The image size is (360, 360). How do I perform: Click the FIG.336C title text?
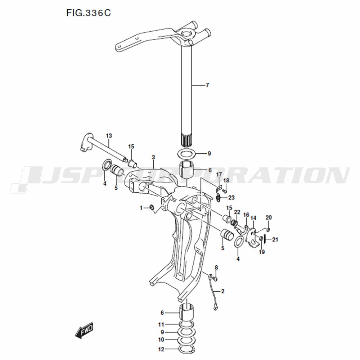click(89, 13)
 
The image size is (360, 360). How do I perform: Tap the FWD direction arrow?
click(84, 330)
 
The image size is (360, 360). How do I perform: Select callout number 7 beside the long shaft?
click(207, 85)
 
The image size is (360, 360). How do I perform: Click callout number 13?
click(109, 136)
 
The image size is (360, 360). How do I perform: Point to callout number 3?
click(153, 157)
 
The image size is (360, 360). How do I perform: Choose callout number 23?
click(231, 197)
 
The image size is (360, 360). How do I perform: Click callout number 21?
click(275, 240)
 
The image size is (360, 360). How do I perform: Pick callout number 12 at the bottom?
click(161, 350)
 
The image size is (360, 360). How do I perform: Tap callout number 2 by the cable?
click(222, 291)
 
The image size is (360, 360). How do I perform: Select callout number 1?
click(141, 208)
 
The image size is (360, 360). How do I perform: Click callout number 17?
click(219, 175)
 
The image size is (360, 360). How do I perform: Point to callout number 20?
click(269, 217)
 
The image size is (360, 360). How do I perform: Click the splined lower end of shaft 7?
click(186, 140)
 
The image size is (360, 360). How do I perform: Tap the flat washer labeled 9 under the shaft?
click(186, 153)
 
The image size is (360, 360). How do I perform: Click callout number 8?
click(216, 267)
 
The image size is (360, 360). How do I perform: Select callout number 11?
click(161, 325)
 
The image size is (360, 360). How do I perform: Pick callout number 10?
click(161, 339)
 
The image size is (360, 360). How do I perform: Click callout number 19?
click(262, 252)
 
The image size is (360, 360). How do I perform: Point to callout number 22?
click(237, 212)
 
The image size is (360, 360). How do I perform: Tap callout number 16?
click(246, 215)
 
